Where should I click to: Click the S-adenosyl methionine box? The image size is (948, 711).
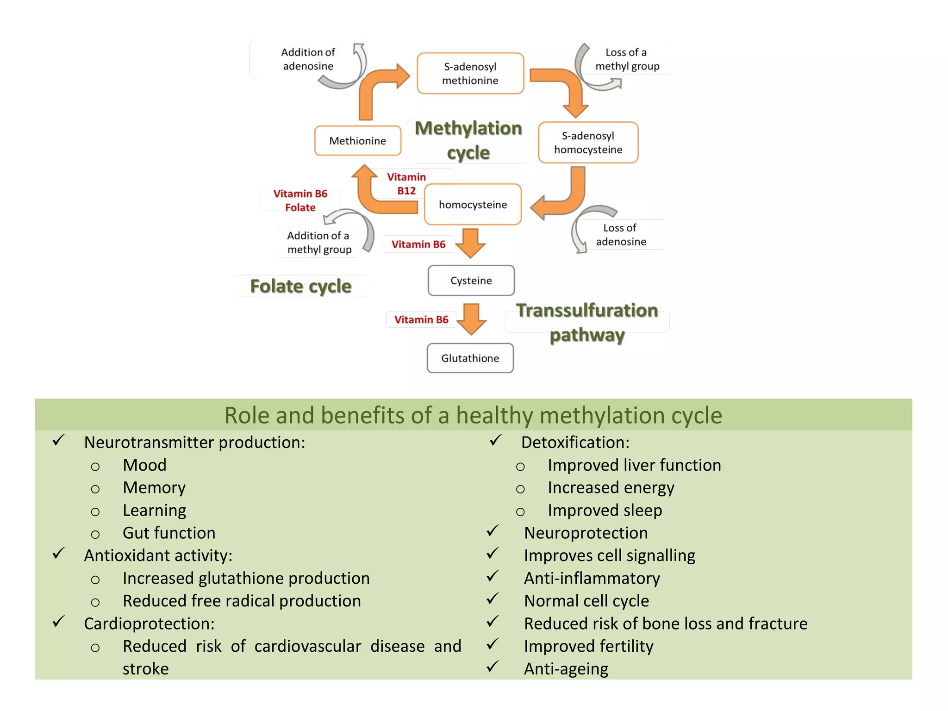[x=470, y=73]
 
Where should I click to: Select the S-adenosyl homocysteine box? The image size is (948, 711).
[x=588, y=143]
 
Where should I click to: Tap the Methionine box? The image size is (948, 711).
[x=357, y=141]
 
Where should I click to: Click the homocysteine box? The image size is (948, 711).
[x=473, y=205]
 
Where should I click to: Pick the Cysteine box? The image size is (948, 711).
[x=471, y=281]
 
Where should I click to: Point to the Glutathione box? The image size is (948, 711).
[x=470, y=358]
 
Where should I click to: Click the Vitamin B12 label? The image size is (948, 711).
[x=406, y=184]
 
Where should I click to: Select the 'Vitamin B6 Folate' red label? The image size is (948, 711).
[x=300, y=200]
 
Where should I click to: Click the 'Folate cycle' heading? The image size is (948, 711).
[x=300, y=286]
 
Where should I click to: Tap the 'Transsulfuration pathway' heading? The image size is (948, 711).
[x=587, y=322]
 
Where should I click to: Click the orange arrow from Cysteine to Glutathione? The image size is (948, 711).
[x=471, y=319]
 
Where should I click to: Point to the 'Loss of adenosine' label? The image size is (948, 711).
[x=620, y=235]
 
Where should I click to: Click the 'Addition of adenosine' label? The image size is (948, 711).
[x=308, y=59]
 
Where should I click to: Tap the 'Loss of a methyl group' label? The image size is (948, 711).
[x=627, y=59]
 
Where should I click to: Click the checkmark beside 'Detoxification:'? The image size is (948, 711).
[x=495, y=440]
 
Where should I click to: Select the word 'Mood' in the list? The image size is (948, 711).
[x=144, y=465]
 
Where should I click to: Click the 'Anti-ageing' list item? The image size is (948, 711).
[x=566, y=669]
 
